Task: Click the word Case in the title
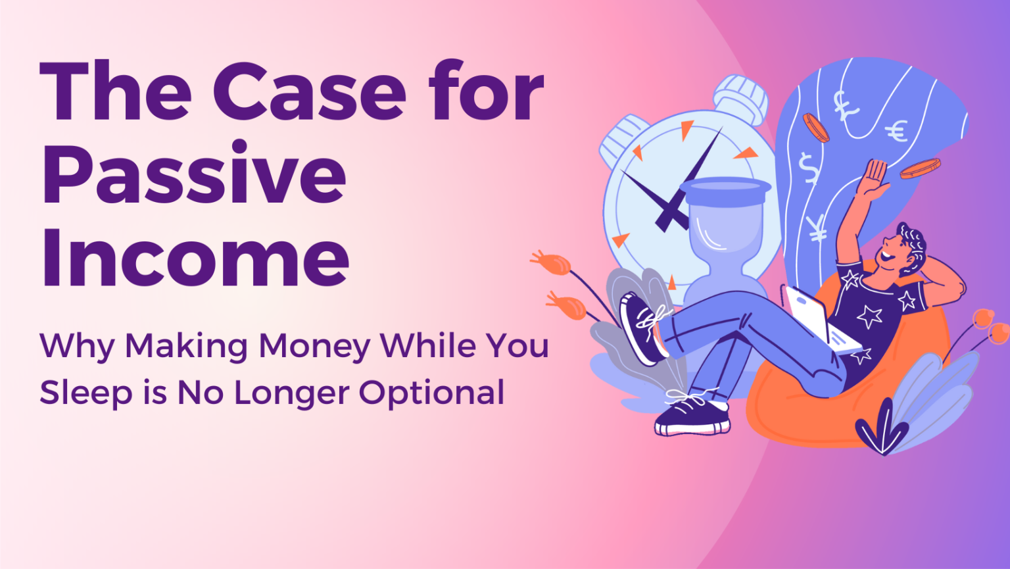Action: (309, 92)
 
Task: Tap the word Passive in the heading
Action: (194, 174)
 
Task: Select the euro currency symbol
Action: (896, 132)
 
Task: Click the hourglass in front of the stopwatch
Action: (724, 237)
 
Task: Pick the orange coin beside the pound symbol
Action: (815, 127)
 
